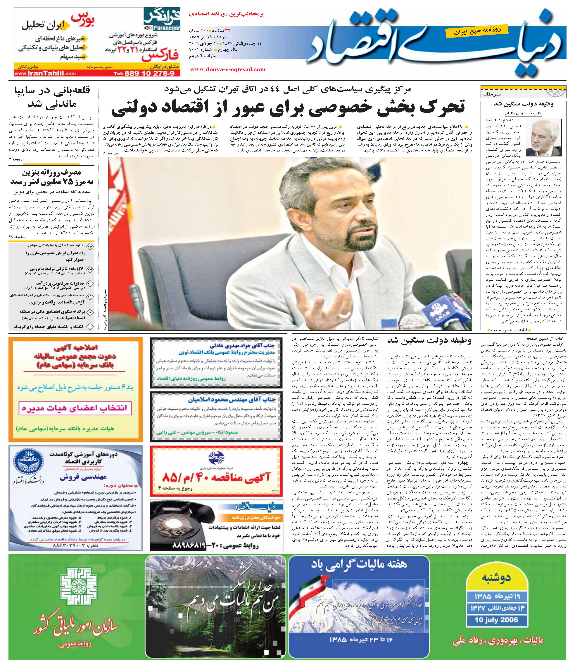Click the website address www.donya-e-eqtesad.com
pyautogui.click(x=228, y=69)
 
